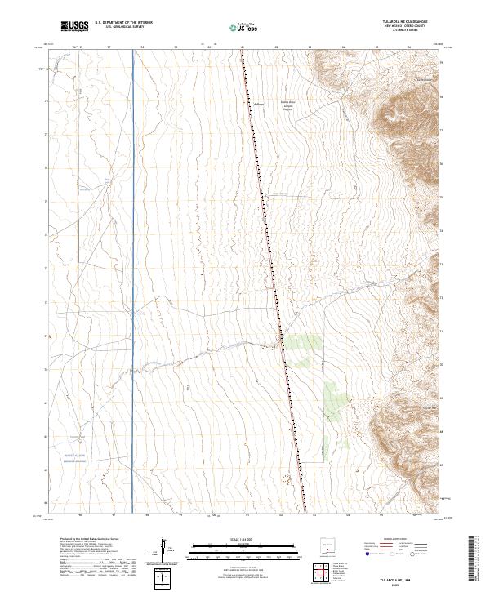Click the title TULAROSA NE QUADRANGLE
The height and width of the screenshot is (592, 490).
point(398,22)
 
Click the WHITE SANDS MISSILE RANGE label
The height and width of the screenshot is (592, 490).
point(63,458)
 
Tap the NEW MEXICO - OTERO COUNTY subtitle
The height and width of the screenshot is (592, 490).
point(398,27)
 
